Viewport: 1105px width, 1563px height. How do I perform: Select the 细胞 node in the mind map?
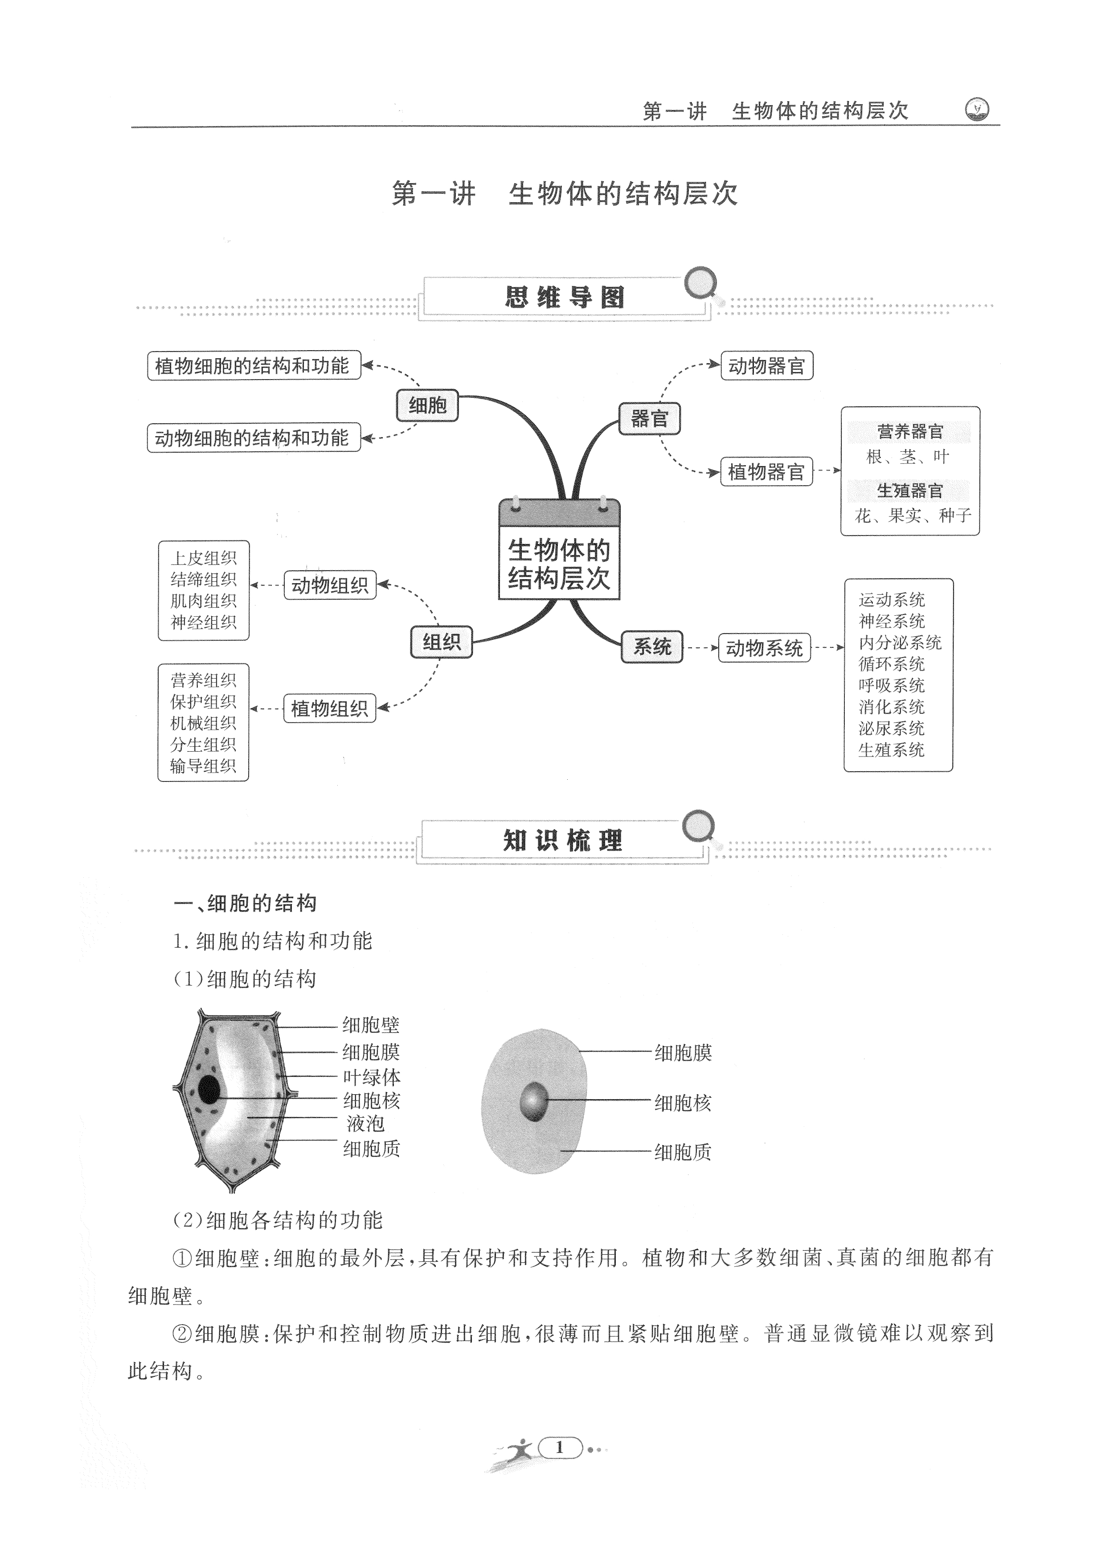tap(427, 406)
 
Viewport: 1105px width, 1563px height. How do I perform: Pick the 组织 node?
tap(441, 642)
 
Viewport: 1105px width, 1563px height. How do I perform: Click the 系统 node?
tap(651, 646)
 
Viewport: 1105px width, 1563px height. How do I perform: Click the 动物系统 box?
tap(764, 648)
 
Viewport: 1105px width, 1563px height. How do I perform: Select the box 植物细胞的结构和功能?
tap(253, 366)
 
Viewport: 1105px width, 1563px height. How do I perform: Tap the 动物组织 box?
tap(330, 585)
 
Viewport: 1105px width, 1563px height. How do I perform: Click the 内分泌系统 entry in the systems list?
tap(900, 642)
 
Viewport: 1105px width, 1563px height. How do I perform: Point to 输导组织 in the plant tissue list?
tap(203, 766)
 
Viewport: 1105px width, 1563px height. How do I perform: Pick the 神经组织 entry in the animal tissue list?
tap(203, 622)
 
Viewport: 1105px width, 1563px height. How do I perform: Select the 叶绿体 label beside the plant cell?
tap(371, 1077)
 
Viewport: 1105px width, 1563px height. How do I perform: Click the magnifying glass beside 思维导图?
tap(701, 285)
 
